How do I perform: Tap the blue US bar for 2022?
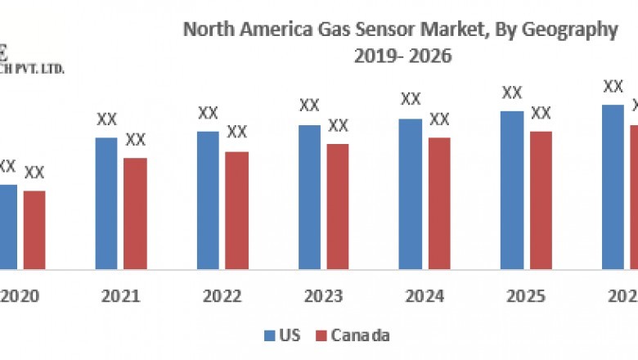pyautogui.click(x=208, y=200)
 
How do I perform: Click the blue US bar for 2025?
pyautogui.click(x=512, y=190)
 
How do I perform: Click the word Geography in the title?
pyautogui.click(x=573, y=30)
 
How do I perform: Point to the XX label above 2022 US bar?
pyautogui.click(x=208, y=112)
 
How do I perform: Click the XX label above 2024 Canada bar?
pyautogui.click(x=439, y=119)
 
